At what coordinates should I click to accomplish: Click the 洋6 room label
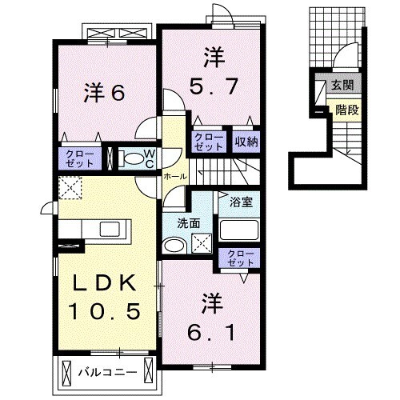(x=104, y=93)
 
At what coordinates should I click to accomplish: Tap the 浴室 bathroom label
(x=241, y=202)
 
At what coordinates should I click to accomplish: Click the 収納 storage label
(x=246, y=142)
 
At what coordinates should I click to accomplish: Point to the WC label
(x=149, y=158)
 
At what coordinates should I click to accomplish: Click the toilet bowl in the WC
(x=131, y=158)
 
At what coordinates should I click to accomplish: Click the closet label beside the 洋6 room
(x=79, y=158)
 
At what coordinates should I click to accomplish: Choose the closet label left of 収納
(x=210, y=142)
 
